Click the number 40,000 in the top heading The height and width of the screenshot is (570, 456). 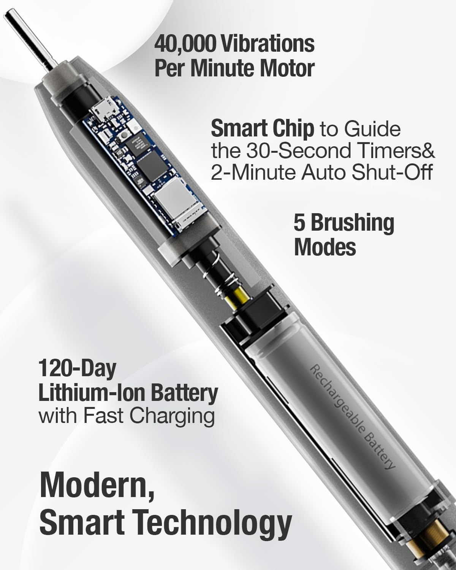point(185,44)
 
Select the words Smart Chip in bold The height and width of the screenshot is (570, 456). point(262,129)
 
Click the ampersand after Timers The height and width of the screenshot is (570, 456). point(428,150)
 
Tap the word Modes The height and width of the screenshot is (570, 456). point(325,247)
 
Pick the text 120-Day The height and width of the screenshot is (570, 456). point(78,369)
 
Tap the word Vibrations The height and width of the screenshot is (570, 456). point(268,44)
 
